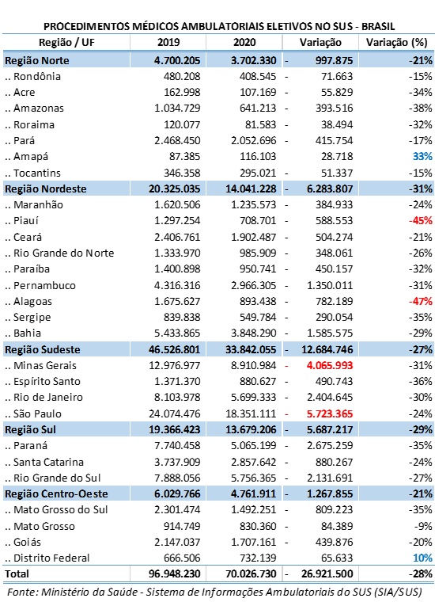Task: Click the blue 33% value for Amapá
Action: pyautogui.click(x=422, y=157)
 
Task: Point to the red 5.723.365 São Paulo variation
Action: pyautogui.click(x=330, y=413)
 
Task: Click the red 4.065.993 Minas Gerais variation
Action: pyautogui.click(x=330, y=365)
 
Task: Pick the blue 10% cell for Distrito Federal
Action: pyautogui.click(x=422, y=558)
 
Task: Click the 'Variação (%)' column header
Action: pyautogui.click(x=396, y=42)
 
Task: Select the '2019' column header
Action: pyautogui.click(x=168, y=42)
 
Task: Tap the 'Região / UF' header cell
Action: pyautogui.click(x=66, y=42)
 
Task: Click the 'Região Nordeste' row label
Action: pyautogui.click(x=46, y=189)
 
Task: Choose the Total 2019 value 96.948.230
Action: pyautogui.click(x=174, y=574)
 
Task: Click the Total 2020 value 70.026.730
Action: pyautogui.click(x=251, y=574)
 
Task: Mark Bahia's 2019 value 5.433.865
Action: pyautogui.click(x=177, y=333)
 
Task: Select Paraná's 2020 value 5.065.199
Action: pyautogui.click(x=253, y=446)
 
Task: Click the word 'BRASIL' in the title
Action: pyautogui.click(x=378, y=26)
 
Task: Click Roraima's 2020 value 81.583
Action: pyautogui.click(x=261, y=125)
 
